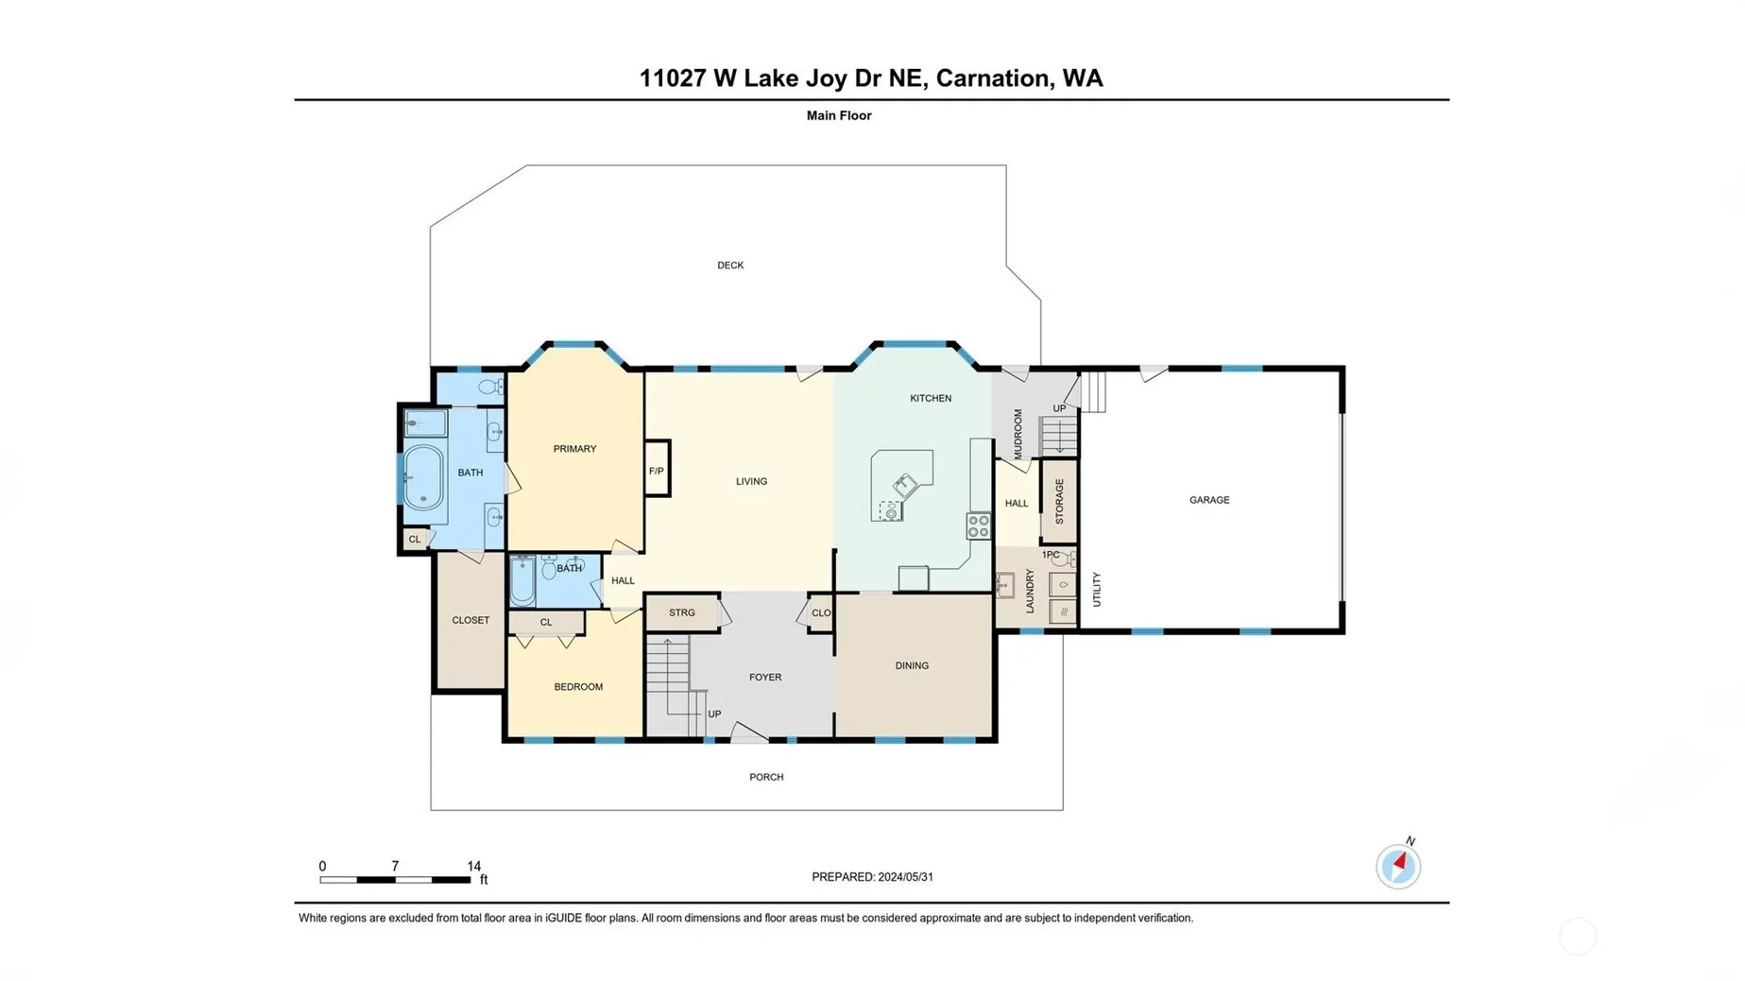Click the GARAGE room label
click(1208, 500)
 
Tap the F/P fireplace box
click(657, 469)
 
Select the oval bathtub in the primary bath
click(423, 477)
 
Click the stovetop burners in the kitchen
click(978, 525)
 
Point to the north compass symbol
click(1398, 865)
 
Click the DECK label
click(730, 266)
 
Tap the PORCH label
click(766, 777)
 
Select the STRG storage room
click(682, 612)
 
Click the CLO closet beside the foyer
click(821, 613)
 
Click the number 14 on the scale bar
click(473, 866)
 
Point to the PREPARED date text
click(872, 877)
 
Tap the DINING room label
click(912, 665)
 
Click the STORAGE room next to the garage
click(1059, 501)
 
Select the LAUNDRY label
click(1030, 591)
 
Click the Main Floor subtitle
click(839, 115)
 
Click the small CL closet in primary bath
click(415, 539)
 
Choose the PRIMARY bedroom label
click(574, 449)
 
